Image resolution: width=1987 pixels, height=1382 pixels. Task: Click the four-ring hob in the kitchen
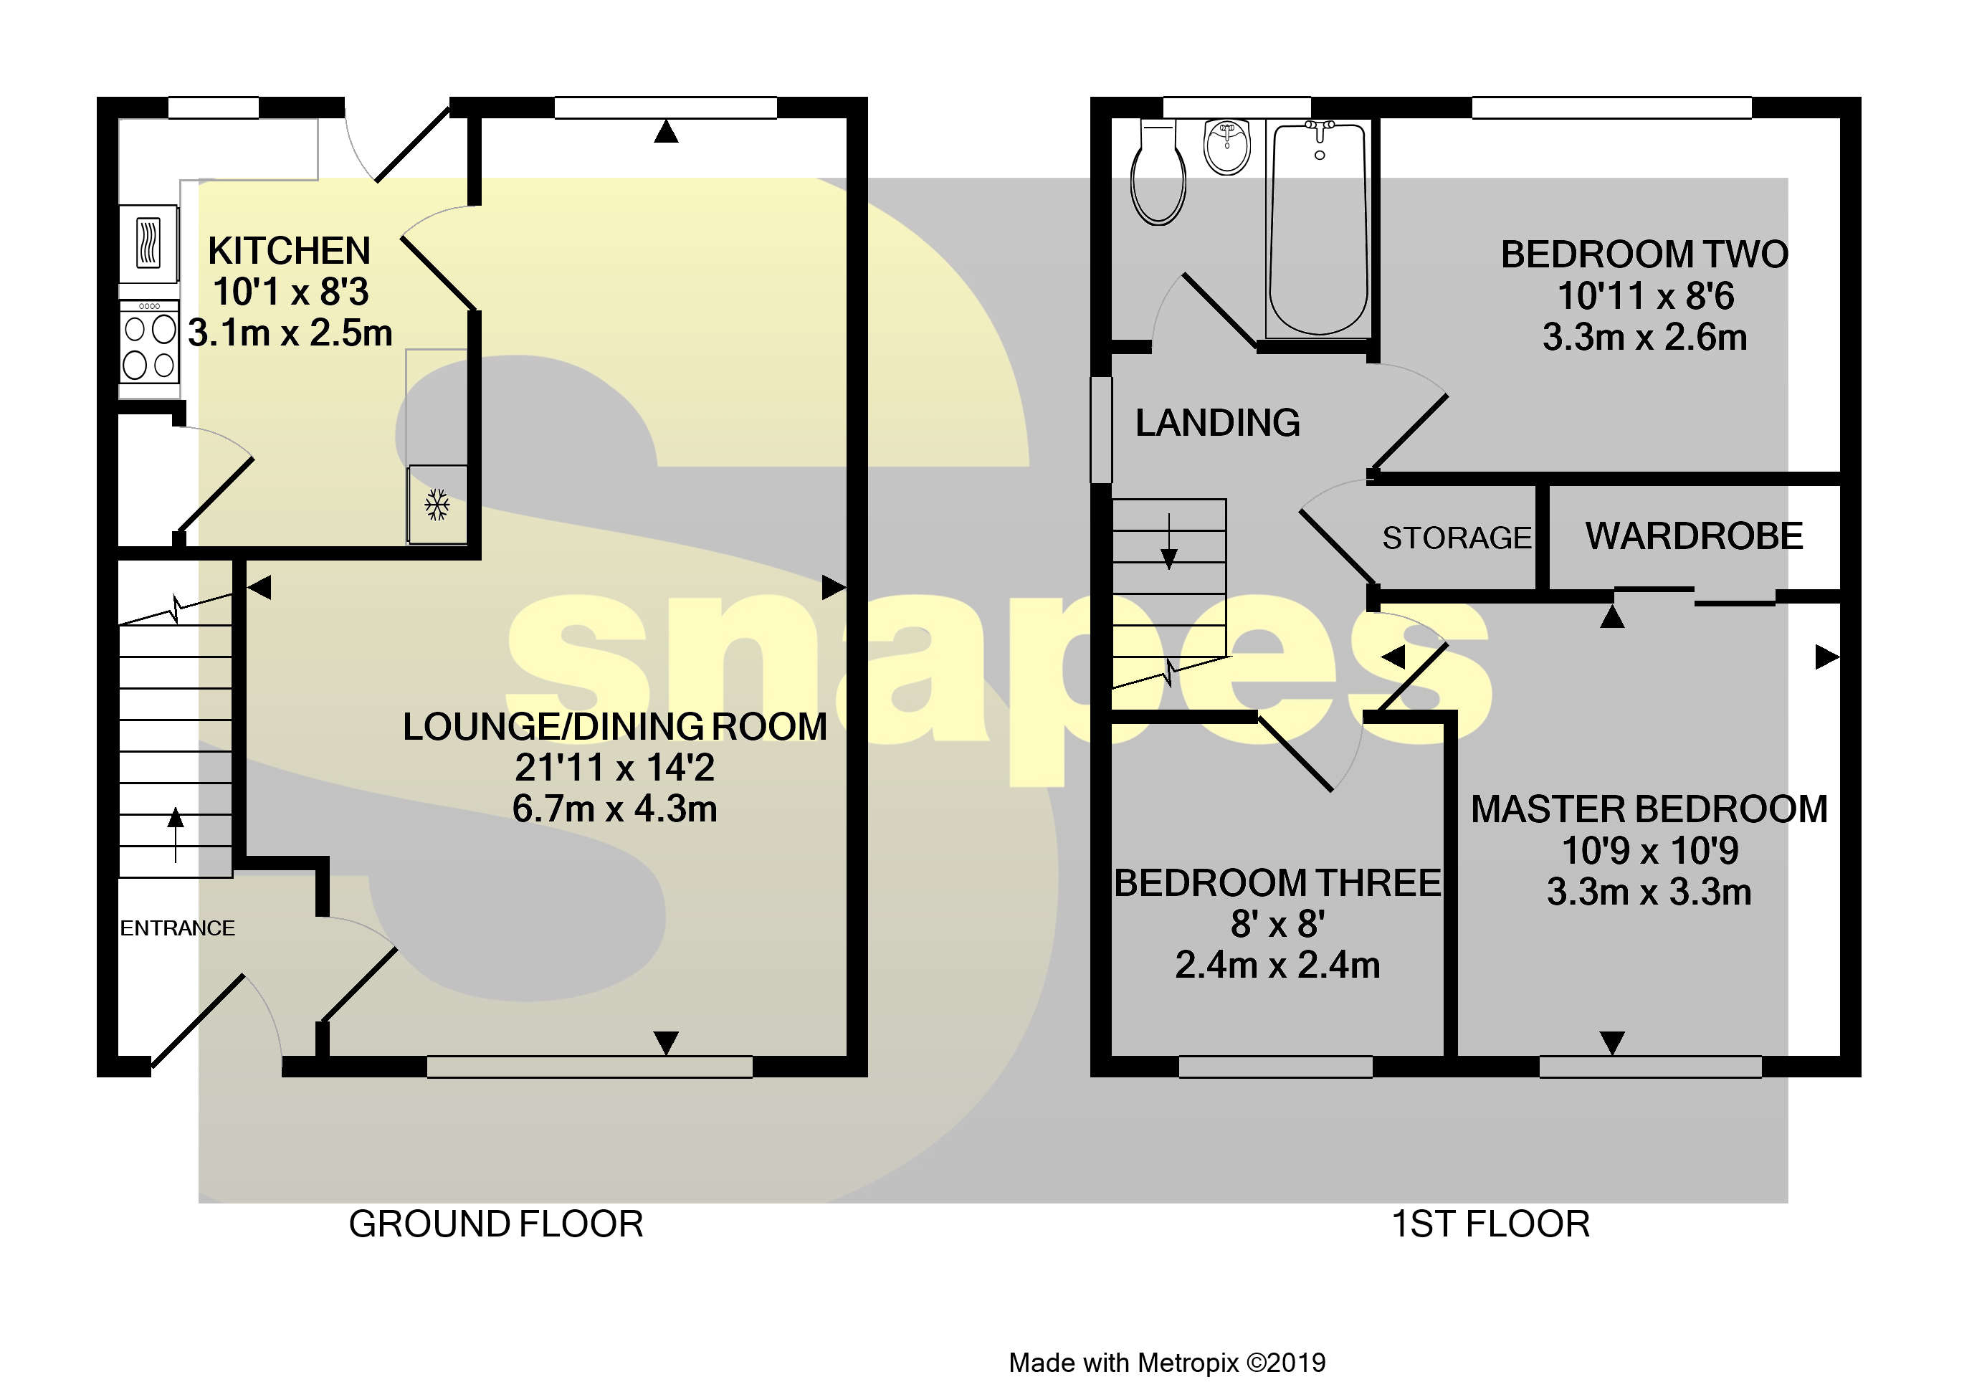click(x=149, y=344)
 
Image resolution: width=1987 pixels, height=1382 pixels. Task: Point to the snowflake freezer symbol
click(x=437, y=505)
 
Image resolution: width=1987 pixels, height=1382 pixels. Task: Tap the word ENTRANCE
click(x=178, y=928)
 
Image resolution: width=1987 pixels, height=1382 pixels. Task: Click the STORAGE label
click(x=1457, y=538)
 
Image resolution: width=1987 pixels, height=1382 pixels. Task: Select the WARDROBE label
click(x=1694, y=537)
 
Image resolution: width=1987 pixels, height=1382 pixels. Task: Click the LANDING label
click(x=1216, y=423)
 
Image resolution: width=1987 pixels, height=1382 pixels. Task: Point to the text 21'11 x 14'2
click(x=614, y=768)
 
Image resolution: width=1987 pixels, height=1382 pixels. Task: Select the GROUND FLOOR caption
click(x=496, y=1224)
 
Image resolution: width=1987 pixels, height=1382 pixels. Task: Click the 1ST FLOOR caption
click(x=1490, y=1224)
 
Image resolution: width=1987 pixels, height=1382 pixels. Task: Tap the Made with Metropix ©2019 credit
click(x=1166, y=1363)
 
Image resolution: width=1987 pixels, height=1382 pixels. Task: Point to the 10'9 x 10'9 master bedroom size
click(x=1649, y=851)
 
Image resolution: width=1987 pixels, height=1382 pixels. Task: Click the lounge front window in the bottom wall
click(x=589, y=1066)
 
